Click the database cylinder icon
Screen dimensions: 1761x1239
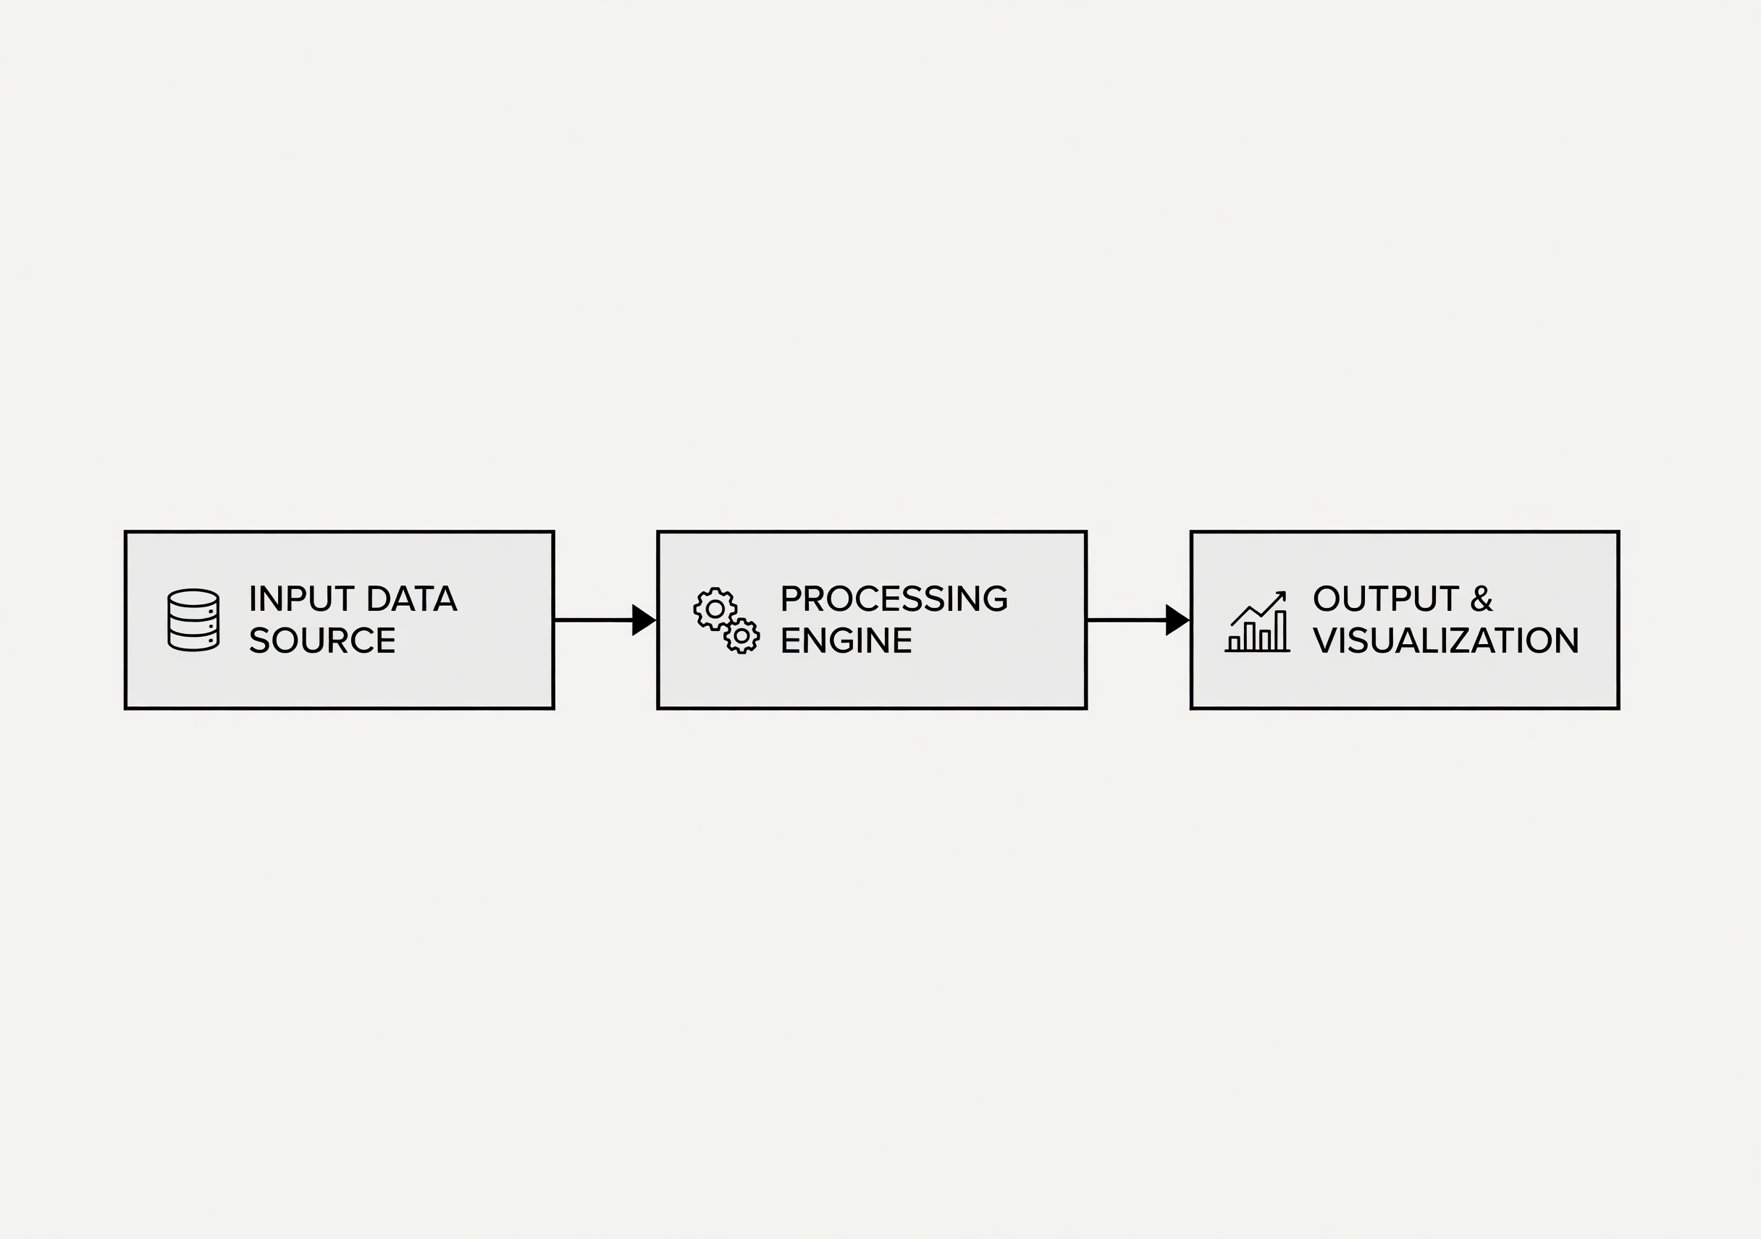(x=193, y=620)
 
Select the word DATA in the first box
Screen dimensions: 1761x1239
(x=412, y=599)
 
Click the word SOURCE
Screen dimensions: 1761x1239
(x=322, y=640)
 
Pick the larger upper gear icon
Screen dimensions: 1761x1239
(x=715, y=609)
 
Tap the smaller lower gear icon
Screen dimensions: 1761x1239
(x=741, y=635)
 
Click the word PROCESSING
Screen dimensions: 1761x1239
(x=894, y=599)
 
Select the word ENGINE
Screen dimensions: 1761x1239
(x=846, y=640)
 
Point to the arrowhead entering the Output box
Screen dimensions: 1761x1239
(x=1177, y=619)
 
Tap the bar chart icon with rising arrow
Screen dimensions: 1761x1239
(x=1257, y=621)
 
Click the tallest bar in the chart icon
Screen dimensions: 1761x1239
(x=1280, y=630)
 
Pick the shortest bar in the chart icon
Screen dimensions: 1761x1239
(x=1234, y=643)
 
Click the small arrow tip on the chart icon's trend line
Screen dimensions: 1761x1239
(x=1282, y=595)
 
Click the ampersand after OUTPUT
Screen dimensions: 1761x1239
(x=1481, y=599)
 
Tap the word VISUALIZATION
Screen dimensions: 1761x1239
(x=1446, y=640)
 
